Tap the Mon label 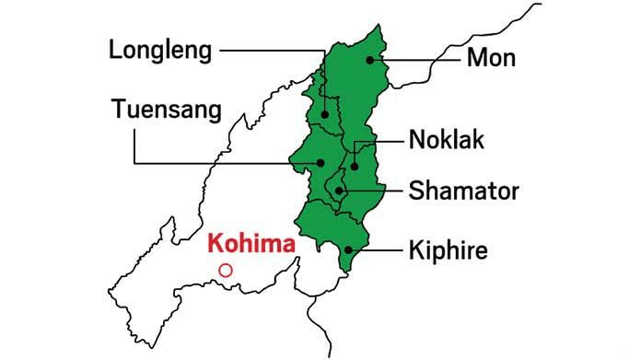click(x=492, y=58)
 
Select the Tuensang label click(x=167, y=110)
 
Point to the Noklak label click(x=447, y=141)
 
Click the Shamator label click(x=464, y=192)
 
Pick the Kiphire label click(x=450, y=250)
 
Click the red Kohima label click(x=251, y=245)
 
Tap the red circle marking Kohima click(x=226, y=271)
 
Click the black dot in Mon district click(x=370, y=60)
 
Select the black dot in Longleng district click(x=325, y=115)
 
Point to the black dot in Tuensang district click(x=320, y=163)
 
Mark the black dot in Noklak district click(x=354, y=167)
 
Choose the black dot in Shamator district click(x=339, y=191)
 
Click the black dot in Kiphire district click(x=348, y=250)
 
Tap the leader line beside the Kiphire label click(x=378, y=250)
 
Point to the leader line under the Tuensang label click(x=221, y=163)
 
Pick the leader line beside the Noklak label click(x=378, y=143)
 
